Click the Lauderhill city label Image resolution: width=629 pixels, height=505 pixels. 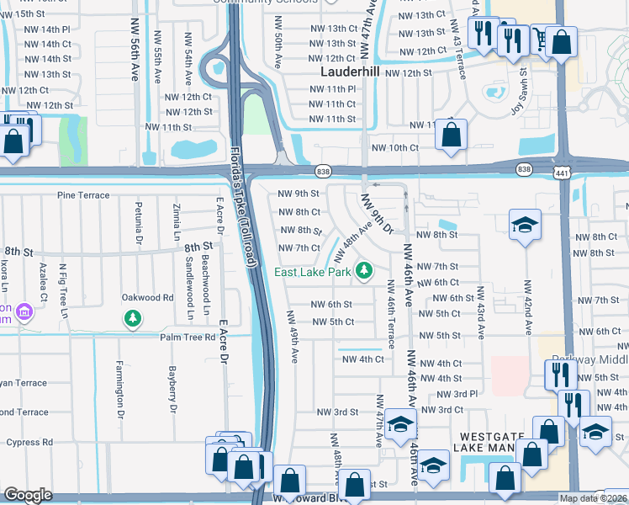pos(352,72)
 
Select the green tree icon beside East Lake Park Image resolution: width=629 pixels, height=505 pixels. pos(364,270)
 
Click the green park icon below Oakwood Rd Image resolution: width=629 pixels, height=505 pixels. pos(132,318)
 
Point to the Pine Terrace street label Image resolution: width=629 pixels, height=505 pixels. pos(83,195)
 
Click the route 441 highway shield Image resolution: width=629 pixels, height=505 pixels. pos(559,172)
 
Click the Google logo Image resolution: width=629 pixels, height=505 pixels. pos(28,495)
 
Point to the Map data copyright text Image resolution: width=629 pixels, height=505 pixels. pos(594,498)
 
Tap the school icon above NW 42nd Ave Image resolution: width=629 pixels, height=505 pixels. pos(526,226)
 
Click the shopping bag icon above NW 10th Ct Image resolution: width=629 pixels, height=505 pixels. pos(452,135)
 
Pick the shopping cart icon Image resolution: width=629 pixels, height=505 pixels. pos(539,37)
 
